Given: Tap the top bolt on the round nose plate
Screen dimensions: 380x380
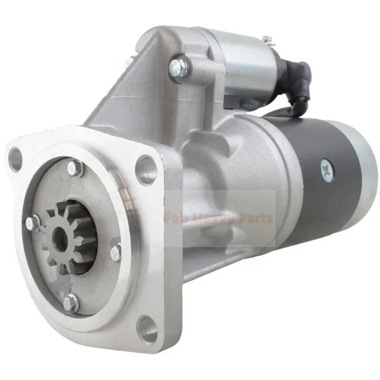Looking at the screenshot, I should (75, 168).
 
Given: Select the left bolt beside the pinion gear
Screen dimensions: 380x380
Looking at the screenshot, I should (33, 223).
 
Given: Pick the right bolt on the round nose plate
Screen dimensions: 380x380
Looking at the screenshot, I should (116, 252).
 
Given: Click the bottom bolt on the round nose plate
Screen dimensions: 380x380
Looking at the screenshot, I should (71, 303).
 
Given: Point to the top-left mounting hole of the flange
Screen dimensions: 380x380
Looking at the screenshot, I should (15, 159).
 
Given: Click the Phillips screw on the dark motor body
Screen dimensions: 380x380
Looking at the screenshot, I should (326, 170).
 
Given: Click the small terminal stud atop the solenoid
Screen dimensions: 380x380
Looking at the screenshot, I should (267, 40).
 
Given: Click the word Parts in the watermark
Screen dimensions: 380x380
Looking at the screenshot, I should (257, 218).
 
